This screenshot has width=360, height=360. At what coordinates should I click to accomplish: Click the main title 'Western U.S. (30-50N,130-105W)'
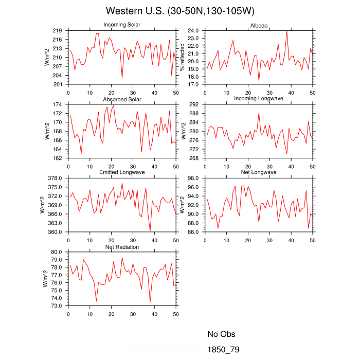(x=179, y=11)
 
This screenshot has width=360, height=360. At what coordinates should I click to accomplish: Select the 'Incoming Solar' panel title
(x=122, y=25)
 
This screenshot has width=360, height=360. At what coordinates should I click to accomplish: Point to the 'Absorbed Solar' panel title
(x=122, y=99)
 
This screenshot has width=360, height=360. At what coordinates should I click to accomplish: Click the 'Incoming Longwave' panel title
(x=259, y=99)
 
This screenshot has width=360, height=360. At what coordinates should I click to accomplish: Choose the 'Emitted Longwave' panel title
(x=122, y=172)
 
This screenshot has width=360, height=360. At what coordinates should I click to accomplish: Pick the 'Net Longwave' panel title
(x=259, y=172)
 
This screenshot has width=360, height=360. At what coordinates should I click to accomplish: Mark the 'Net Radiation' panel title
(x=122, y=247)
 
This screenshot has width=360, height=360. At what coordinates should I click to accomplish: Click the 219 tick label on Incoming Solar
(x=57, y=31)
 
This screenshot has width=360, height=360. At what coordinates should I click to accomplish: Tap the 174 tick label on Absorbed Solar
(x=57, y=104)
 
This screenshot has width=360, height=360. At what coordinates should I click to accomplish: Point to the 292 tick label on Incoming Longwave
(x=194, y=104)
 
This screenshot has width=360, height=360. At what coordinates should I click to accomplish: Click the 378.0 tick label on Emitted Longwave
(x=55, y=178)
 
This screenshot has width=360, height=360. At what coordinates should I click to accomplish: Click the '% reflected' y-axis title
(x=182, y=57)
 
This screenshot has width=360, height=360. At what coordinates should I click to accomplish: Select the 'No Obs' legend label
(x=221, y=334)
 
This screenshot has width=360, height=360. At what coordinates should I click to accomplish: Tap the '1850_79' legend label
(x=223, y=350)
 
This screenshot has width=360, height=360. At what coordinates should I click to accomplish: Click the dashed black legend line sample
(x=161, y=334)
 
